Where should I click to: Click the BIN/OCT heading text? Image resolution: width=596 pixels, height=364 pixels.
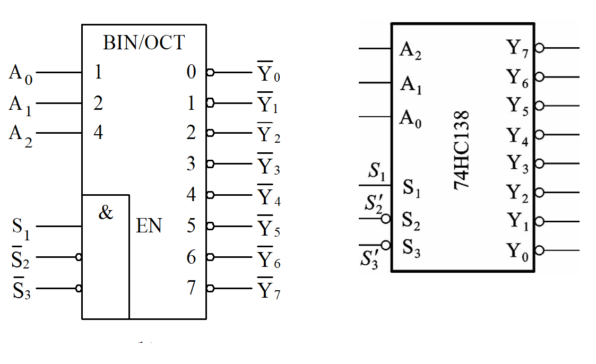pyautogui.click(x=144, y=42)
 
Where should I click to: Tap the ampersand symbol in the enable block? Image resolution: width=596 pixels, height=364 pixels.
pyautogui.click(x=106, y=213)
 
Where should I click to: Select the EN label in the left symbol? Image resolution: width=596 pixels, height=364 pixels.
pyautogui.click(x=149, y=227)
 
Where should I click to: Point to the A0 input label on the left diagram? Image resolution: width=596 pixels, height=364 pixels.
pyautogui.click(x=21, y=74)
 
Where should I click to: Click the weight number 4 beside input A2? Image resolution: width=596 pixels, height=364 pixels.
pyautogui.click(x=98, y=132)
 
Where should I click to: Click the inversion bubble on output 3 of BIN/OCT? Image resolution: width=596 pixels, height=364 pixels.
pyautogui.click(x=210, y=164)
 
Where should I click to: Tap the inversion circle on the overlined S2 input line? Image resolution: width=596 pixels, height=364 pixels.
pyautogui.click(x=79, y=258)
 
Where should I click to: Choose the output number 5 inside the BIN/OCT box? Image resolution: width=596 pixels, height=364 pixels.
pyautogui.click(x=191, y=227)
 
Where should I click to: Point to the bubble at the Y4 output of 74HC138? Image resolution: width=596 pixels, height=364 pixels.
pyautogui.click(x=539, y=135)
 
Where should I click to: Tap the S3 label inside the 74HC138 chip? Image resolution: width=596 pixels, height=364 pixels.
pyautogui.click(x=411, y=247)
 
